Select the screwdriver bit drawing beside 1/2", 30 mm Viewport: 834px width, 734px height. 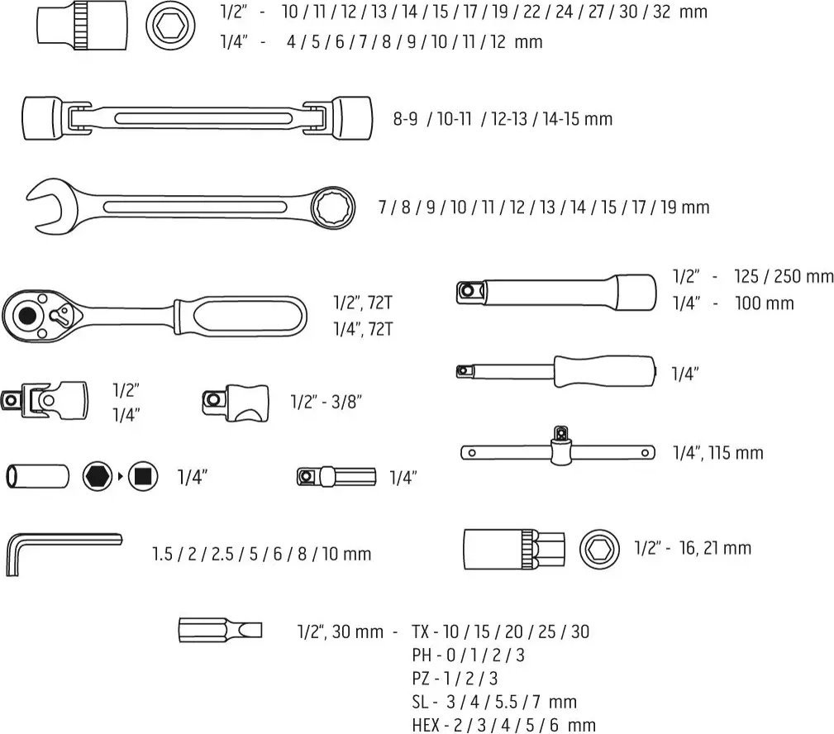220,631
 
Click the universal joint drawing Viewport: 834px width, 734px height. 45,401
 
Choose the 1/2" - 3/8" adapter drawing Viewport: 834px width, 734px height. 236,403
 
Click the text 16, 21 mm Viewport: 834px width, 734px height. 715,548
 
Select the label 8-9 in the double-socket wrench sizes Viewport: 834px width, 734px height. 405,118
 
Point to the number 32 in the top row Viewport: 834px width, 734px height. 661,12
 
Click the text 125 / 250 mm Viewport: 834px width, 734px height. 784,276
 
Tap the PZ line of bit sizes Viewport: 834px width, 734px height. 455,678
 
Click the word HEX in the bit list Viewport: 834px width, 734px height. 426,725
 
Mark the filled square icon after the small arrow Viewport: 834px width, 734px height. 142,476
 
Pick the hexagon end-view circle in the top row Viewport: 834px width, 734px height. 170,25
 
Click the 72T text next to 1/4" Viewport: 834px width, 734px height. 380,329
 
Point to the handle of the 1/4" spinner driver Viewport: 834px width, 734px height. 605,371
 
